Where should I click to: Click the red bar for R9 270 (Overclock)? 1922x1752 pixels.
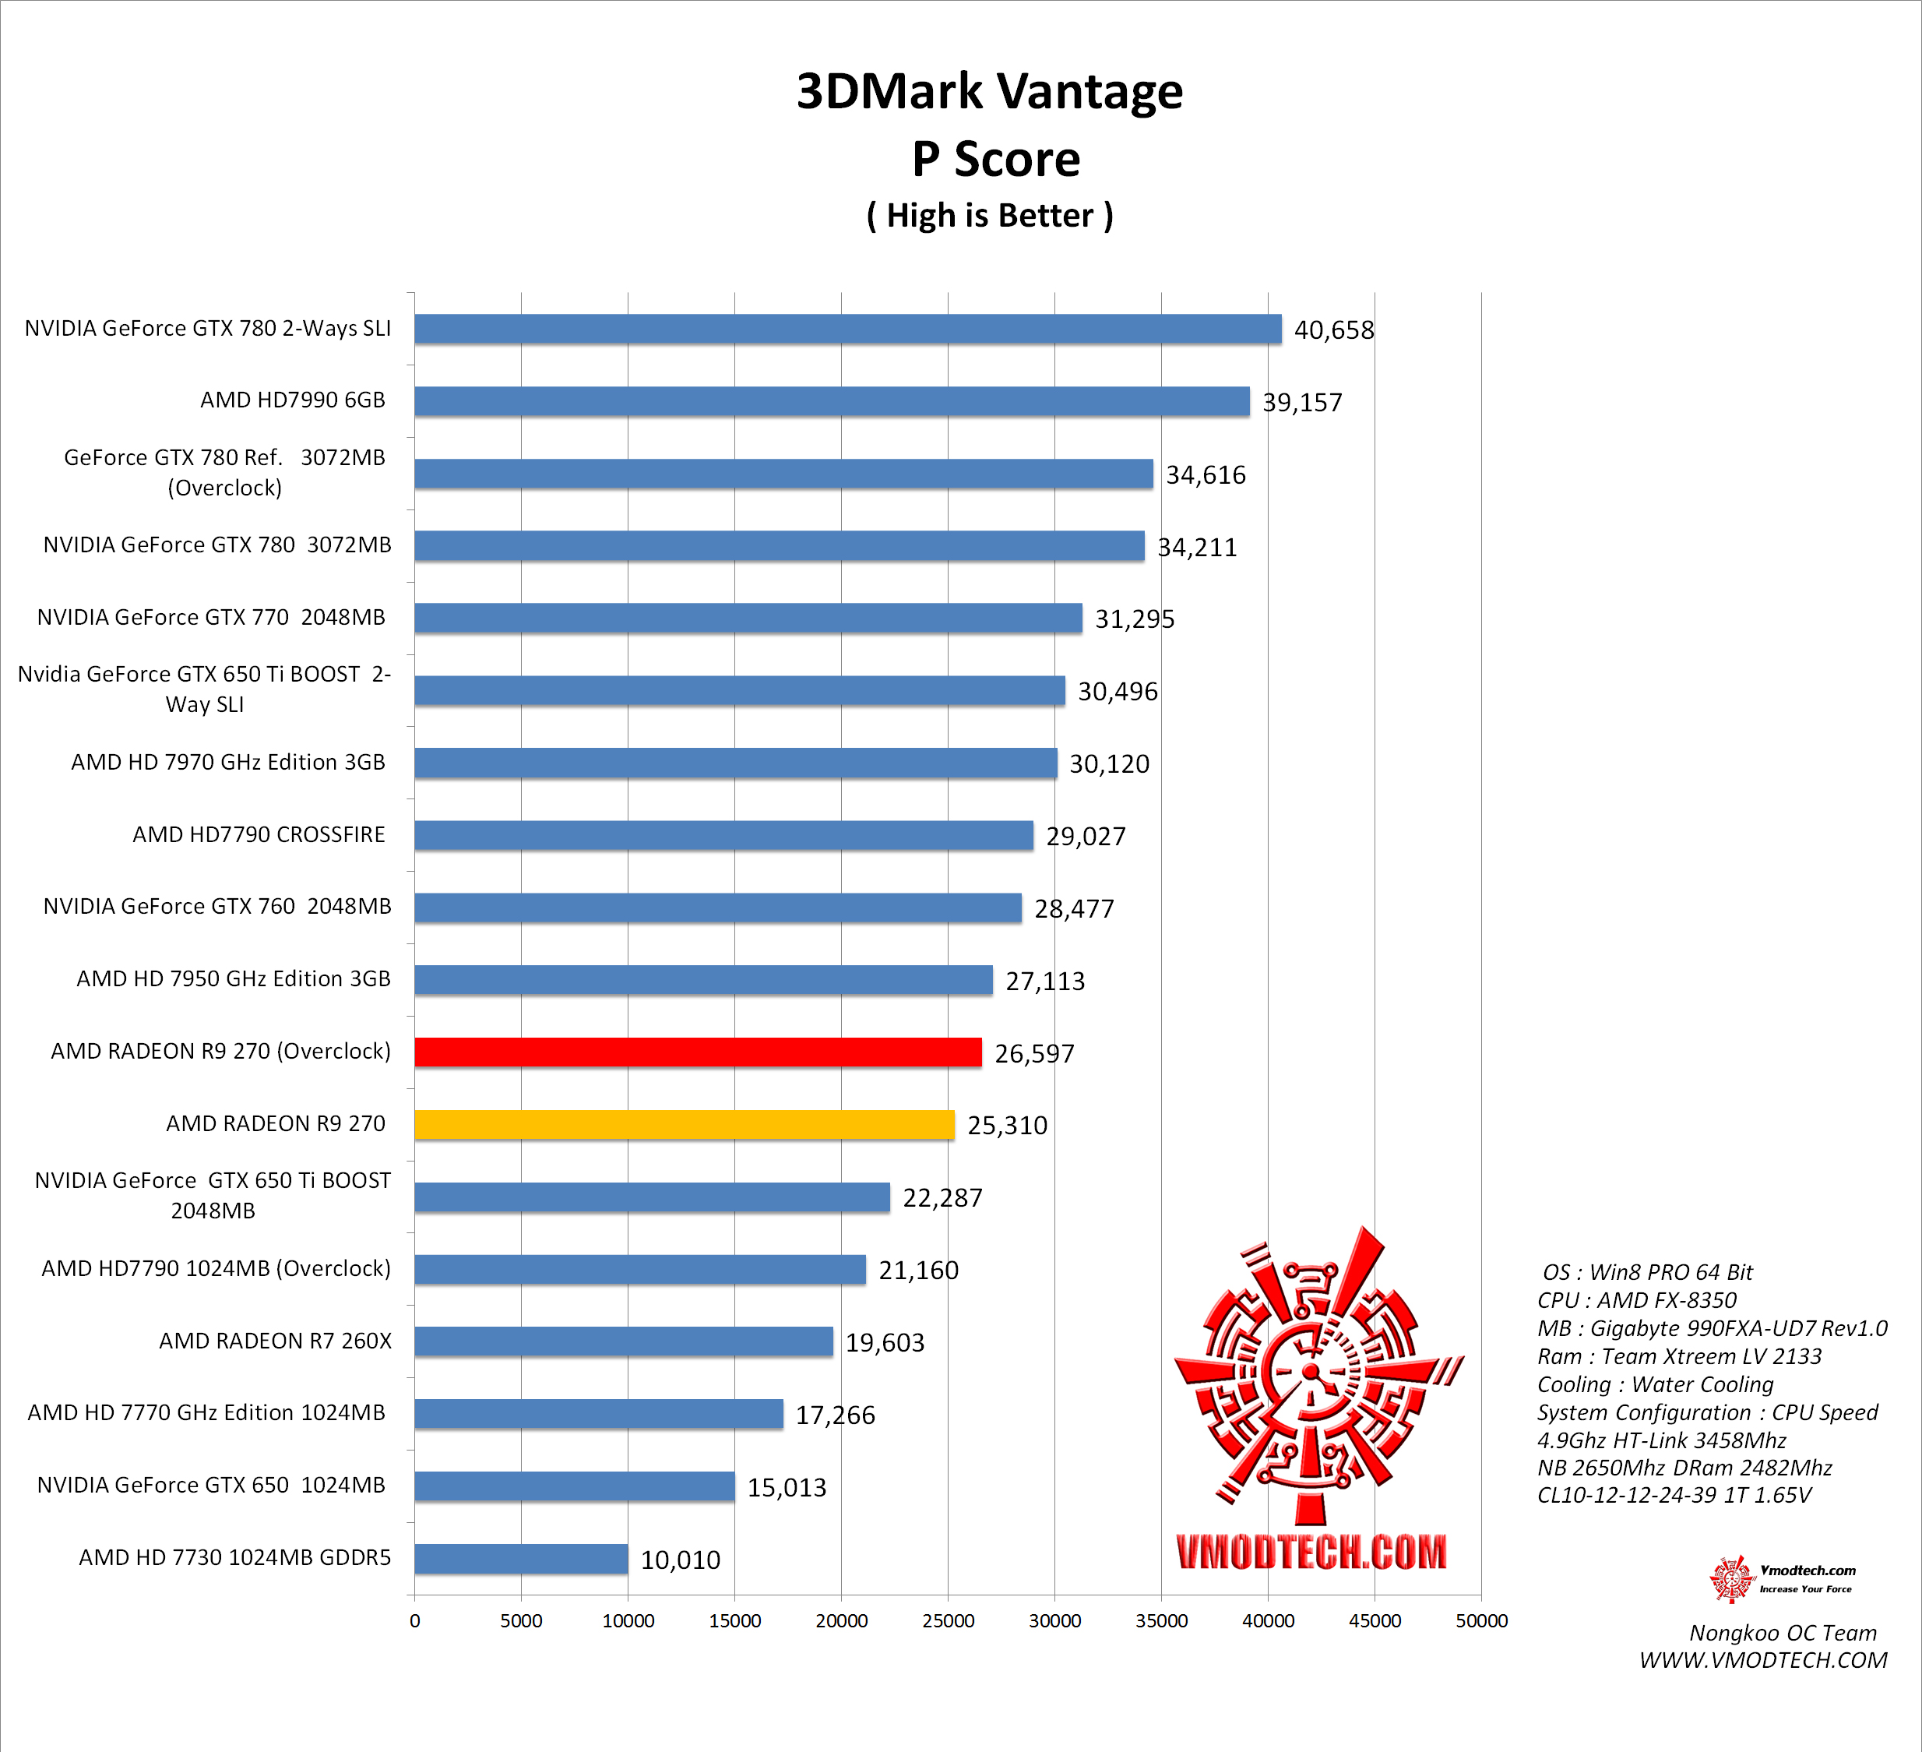click(698, 1052)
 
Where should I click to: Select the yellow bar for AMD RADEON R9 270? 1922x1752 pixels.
click(685, 1124)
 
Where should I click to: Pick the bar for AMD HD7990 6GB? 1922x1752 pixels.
click(832, 401)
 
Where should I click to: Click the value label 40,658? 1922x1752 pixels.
click(1334, 330)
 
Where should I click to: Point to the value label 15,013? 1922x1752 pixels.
click(787, 1487)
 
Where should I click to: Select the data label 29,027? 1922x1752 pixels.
click(1086, 837)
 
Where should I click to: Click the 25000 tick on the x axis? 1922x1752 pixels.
click(948, 1620)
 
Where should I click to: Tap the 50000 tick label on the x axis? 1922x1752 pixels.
click(1481, 1620)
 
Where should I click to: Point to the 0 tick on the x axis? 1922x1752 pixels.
click(415, 1620)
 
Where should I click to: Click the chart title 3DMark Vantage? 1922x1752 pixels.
click(990, 92)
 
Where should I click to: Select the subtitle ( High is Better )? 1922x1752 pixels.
click(990, 216)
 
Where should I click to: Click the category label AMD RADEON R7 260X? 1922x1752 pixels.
click(276, 1341)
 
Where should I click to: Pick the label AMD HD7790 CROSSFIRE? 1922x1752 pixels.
click(259, 834)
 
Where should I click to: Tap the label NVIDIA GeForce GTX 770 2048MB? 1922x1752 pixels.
click(212, 617)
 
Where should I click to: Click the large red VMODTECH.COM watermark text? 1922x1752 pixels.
click(1311, 1553)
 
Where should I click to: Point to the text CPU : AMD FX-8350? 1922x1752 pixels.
click(1637, 1300)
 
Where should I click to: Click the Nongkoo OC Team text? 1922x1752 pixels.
click(1783, 1633)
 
